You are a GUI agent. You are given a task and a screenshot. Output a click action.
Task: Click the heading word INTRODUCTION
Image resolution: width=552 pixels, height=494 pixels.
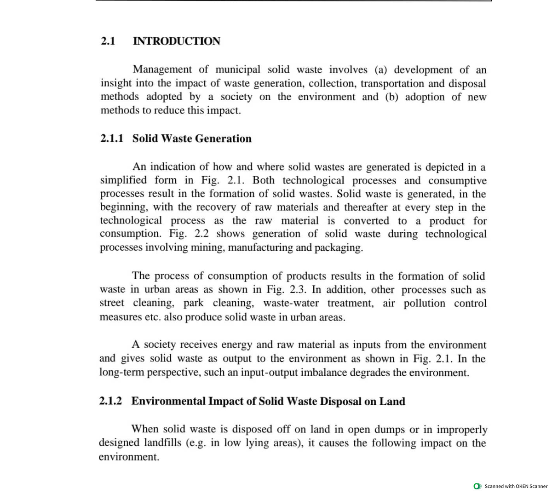[176, 41]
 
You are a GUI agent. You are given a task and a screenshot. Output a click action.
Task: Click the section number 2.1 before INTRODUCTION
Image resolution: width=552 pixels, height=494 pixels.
[107, 41]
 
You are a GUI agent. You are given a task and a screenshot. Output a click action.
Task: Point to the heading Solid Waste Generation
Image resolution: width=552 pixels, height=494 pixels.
[192, 139]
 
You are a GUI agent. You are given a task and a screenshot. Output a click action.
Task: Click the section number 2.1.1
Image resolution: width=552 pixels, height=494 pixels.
[111, 139]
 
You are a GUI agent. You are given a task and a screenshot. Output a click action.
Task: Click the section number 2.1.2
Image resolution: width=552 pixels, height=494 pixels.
[111, 402]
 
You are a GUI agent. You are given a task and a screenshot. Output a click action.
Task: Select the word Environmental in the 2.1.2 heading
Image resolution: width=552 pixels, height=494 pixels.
[168, 402]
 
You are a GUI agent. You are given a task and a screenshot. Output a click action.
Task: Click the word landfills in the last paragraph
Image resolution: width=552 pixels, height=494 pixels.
[163, 443]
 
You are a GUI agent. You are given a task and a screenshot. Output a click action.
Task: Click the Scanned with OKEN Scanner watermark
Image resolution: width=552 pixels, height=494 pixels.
[512, 486]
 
